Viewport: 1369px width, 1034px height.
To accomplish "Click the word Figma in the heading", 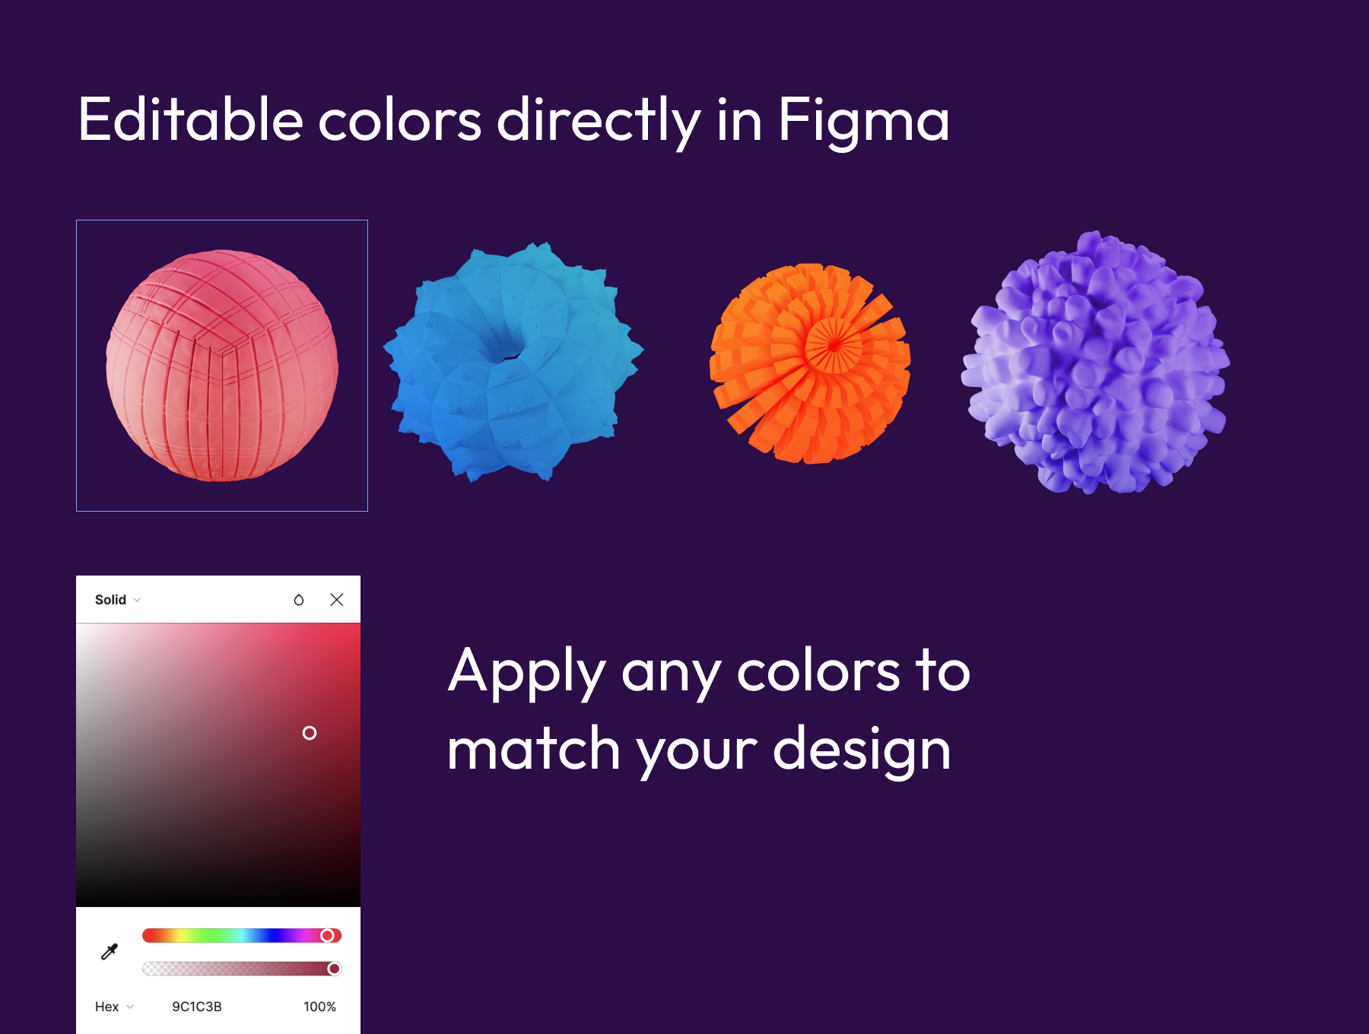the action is [x=863, y=122].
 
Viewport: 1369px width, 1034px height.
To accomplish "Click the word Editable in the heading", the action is [x=191, y=119].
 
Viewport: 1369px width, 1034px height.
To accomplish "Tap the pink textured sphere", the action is [x=222, y=366].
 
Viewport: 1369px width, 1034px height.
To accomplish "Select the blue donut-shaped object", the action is [x=513, y=362].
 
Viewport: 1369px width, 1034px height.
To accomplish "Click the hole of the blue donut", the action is [x=503, y=348].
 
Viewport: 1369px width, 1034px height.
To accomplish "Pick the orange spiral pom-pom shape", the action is [x=810, y=363].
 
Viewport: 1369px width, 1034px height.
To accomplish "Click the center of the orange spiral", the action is [x=834, y=344].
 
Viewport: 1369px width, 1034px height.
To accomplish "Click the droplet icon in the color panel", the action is [x=299, y=600].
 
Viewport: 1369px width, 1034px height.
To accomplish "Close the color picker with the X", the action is [x=337, y=600].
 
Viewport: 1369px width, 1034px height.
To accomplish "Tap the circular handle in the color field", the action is [x=310, y=733].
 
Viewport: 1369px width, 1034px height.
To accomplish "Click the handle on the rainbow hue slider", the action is [x=327, y=935].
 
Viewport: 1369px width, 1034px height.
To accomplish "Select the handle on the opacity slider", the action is [x=334, y=969].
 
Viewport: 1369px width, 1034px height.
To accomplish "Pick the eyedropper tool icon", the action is [x=110, y=952].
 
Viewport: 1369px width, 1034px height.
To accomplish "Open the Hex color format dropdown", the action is [x=115, y=1007].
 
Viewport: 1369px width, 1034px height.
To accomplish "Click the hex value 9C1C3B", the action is [x=197, y=1007].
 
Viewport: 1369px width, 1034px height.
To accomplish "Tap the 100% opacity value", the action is [x=319, y=1007].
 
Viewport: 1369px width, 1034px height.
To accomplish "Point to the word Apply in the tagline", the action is [x=527, y=673].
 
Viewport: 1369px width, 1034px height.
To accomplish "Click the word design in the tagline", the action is [x=862, y=750].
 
